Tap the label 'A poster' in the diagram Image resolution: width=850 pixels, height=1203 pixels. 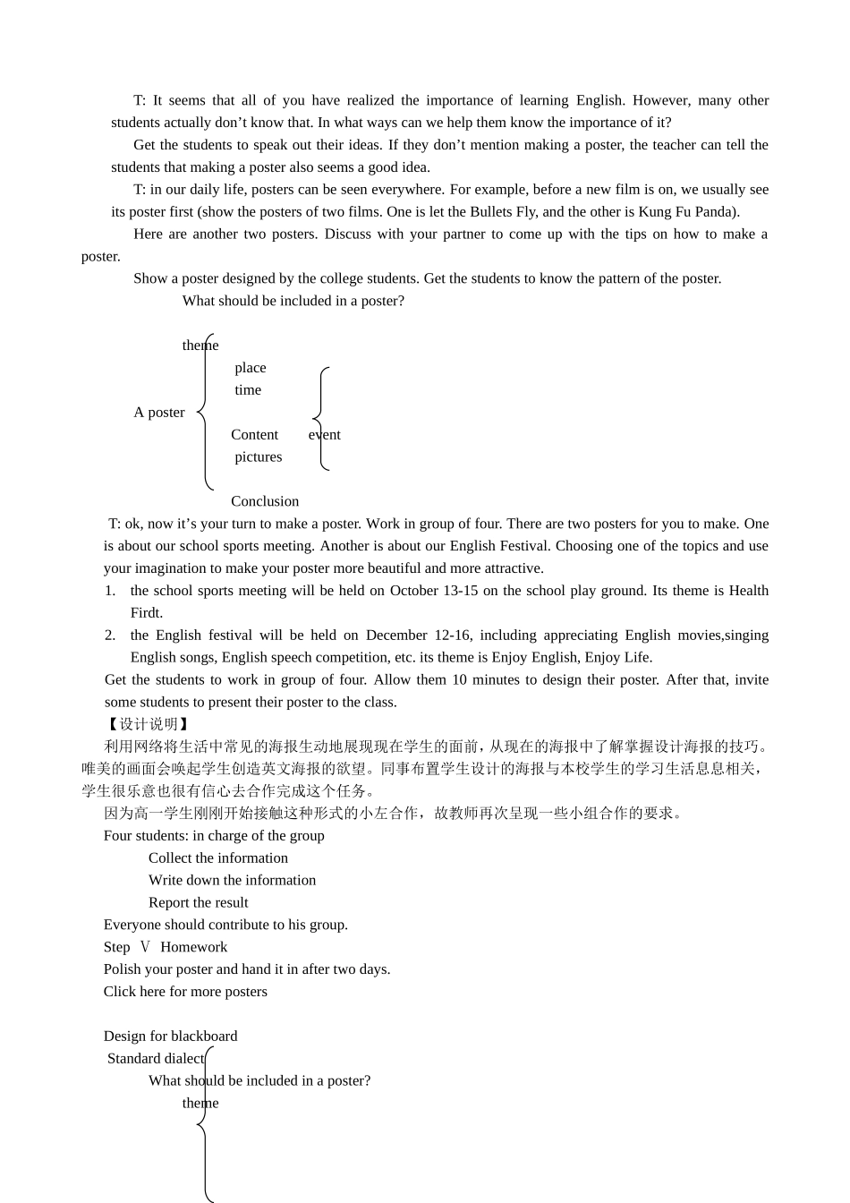pos(159,413)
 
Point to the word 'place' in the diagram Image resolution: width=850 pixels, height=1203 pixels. pos(251,368)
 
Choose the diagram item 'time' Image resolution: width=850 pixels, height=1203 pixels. pos(248,390)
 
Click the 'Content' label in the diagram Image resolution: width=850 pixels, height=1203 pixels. pos(254,435)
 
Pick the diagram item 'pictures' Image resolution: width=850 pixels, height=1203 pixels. pos(258,457)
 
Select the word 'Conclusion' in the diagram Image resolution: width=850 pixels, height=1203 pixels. pos(265,502)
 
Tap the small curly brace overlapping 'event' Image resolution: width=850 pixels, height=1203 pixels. pos(320,418)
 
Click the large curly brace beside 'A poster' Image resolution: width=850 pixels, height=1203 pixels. pos(205,413)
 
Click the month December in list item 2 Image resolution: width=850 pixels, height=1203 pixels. pos(398,636)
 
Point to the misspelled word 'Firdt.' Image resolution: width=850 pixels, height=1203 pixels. pos(146,613)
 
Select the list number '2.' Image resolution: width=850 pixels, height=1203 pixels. pos(110,636)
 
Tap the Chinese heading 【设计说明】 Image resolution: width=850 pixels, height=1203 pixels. pos(148,724)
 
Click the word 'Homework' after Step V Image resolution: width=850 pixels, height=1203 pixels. pos(193,947)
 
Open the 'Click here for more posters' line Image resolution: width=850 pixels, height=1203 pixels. pos(185,992)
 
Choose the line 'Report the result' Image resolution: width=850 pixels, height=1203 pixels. pos(198,903)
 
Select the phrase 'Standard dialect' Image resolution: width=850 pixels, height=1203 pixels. pos(156,1059)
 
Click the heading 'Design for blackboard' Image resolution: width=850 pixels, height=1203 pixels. pos(170,1037)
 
